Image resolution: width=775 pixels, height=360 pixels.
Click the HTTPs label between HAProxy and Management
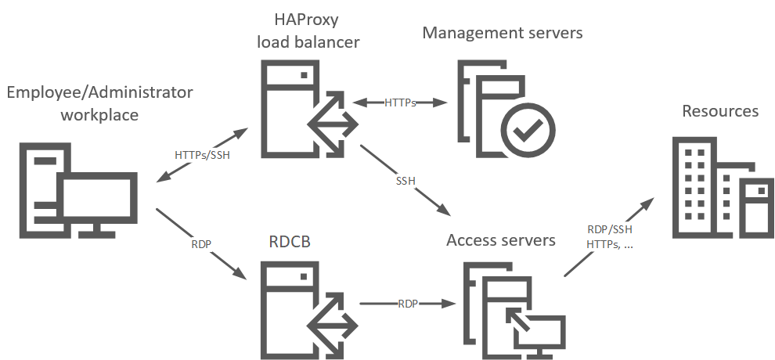[x=400, y=103]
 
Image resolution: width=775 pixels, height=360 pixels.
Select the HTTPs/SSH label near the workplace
[x=202, y=154]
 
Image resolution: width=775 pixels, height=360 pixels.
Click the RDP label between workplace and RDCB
[x=201, y=244]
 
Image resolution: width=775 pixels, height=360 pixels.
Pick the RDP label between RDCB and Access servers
[x=407, y=303]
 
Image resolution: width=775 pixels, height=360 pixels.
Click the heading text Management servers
[x=503, y=33]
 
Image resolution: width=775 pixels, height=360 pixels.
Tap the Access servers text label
[x=501, y=239]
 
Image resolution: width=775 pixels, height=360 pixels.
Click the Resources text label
[x=720, y=111]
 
